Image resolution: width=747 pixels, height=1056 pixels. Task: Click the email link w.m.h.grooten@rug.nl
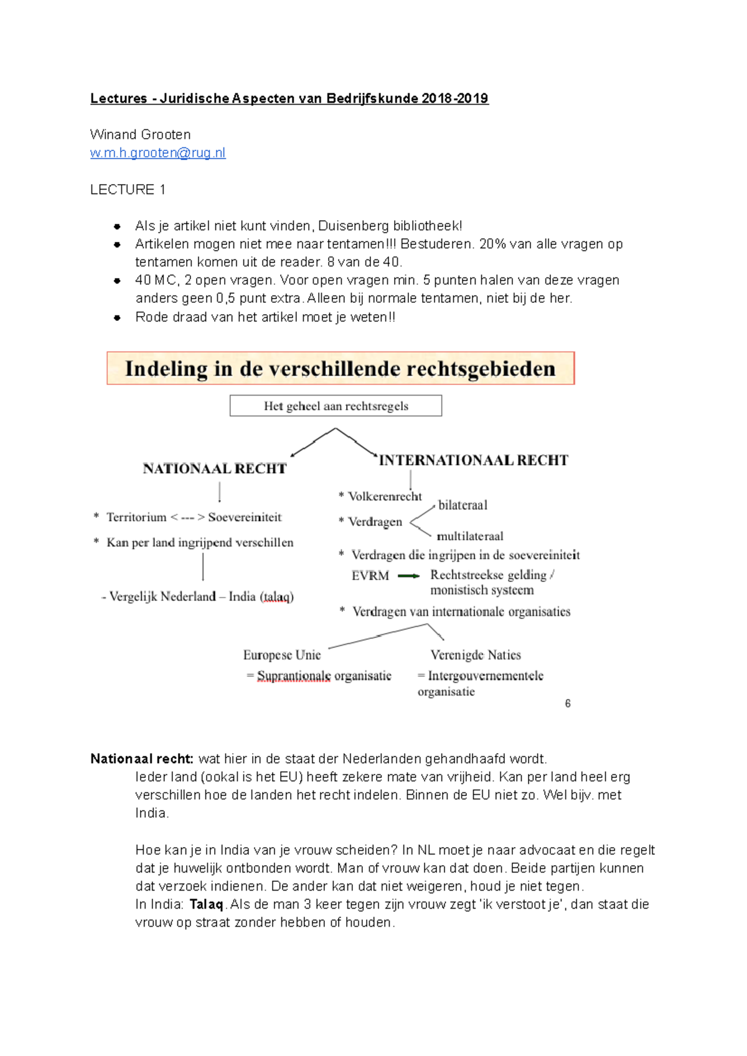point(157,153)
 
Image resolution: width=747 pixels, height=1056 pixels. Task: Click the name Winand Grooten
point(140,134)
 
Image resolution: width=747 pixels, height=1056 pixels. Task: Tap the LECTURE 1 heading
point(128,190)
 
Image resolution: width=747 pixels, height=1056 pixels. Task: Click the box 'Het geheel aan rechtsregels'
point(336,406)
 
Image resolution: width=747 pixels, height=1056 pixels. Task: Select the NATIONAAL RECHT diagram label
point(215,469)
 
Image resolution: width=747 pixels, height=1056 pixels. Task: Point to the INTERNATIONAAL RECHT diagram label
point(473,460)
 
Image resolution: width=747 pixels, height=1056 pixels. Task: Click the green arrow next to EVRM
point(408,576)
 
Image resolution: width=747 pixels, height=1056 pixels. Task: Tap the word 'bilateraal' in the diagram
point(463,505)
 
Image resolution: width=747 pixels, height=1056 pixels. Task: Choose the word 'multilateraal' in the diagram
point(469,536)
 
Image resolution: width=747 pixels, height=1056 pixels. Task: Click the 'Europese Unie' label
point(282,655)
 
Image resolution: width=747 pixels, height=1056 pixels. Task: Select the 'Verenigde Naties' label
point(476,655)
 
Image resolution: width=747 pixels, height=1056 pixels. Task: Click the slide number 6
point(568,703)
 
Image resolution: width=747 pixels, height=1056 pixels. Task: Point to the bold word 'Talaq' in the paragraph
point(206,904)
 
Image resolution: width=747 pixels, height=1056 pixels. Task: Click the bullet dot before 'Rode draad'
point(117,318)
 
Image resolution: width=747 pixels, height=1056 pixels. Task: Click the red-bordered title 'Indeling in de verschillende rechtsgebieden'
point(340,369)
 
